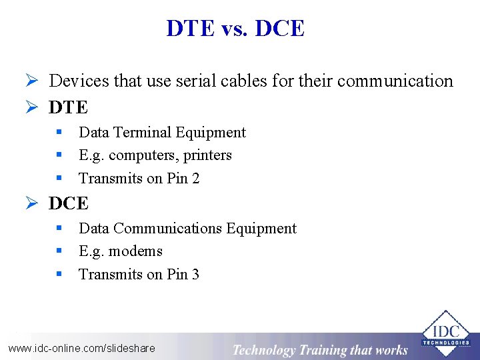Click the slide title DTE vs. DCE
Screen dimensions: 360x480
point(235,29)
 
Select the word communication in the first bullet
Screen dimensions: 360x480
point(395,81)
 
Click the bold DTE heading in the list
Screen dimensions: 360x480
point(68,107)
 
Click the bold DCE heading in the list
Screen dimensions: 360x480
point(68,203)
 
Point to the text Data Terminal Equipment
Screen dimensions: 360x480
point(162,133)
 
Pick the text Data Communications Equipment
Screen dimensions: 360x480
point(187,229)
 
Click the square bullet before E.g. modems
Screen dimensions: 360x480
point(59,251)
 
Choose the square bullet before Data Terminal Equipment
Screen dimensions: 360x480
point(59,132)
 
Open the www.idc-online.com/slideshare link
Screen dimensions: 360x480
point(81,348)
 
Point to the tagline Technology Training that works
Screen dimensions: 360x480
point(320,350)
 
